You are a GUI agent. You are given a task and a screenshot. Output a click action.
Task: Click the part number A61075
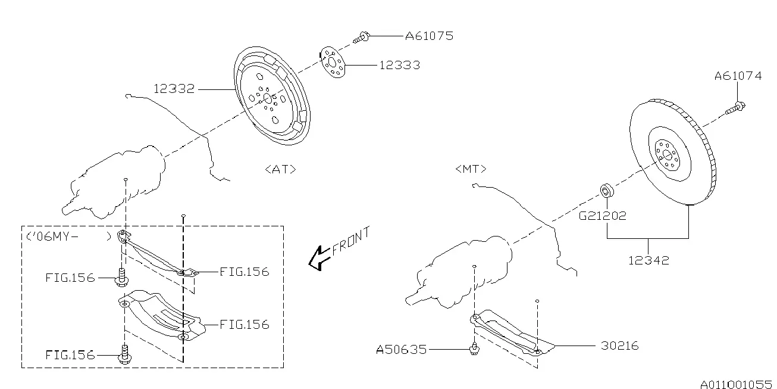click(430, 36)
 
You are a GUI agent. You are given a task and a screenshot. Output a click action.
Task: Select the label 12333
click(400, 65)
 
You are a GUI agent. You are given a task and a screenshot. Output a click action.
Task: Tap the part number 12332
click(174, 89)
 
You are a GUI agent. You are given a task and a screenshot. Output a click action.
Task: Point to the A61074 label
click(738, 76)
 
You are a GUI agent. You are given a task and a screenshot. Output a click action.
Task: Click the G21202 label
click(603, 216)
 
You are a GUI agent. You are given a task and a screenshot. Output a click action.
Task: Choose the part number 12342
click(648, 260)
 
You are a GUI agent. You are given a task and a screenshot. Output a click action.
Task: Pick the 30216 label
click(619, 346)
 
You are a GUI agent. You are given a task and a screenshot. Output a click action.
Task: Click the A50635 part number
click(402, 350)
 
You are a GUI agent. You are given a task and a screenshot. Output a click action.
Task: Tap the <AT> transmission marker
click(280, 169)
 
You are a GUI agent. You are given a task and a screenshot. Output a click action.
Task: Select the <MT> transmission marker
click(471, 169)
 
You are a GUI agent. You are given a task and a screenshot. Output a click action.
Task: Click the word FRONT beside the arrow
click(350, 241)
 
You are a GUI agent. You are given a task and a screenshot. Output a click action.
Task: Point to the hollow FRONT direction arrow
click(320, 258)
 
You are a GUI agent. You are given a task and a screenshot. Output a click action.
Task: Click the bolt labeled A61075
click(362, 37)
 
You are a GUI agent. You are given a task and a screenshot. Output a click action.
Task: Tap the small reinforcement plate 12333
click(333, 63)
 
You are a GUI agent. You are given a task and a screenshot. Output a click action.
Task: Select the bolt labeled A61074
click(735, 108)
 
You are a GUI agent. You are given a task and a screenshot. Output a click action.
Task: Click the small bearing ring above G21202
click(607, 191)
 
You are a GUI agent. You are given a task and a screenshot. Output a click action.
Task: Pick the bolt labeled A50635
click(474, 348)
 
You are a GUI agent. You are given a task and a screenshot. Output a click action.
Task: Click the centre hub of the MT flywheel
click(667, 155)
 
